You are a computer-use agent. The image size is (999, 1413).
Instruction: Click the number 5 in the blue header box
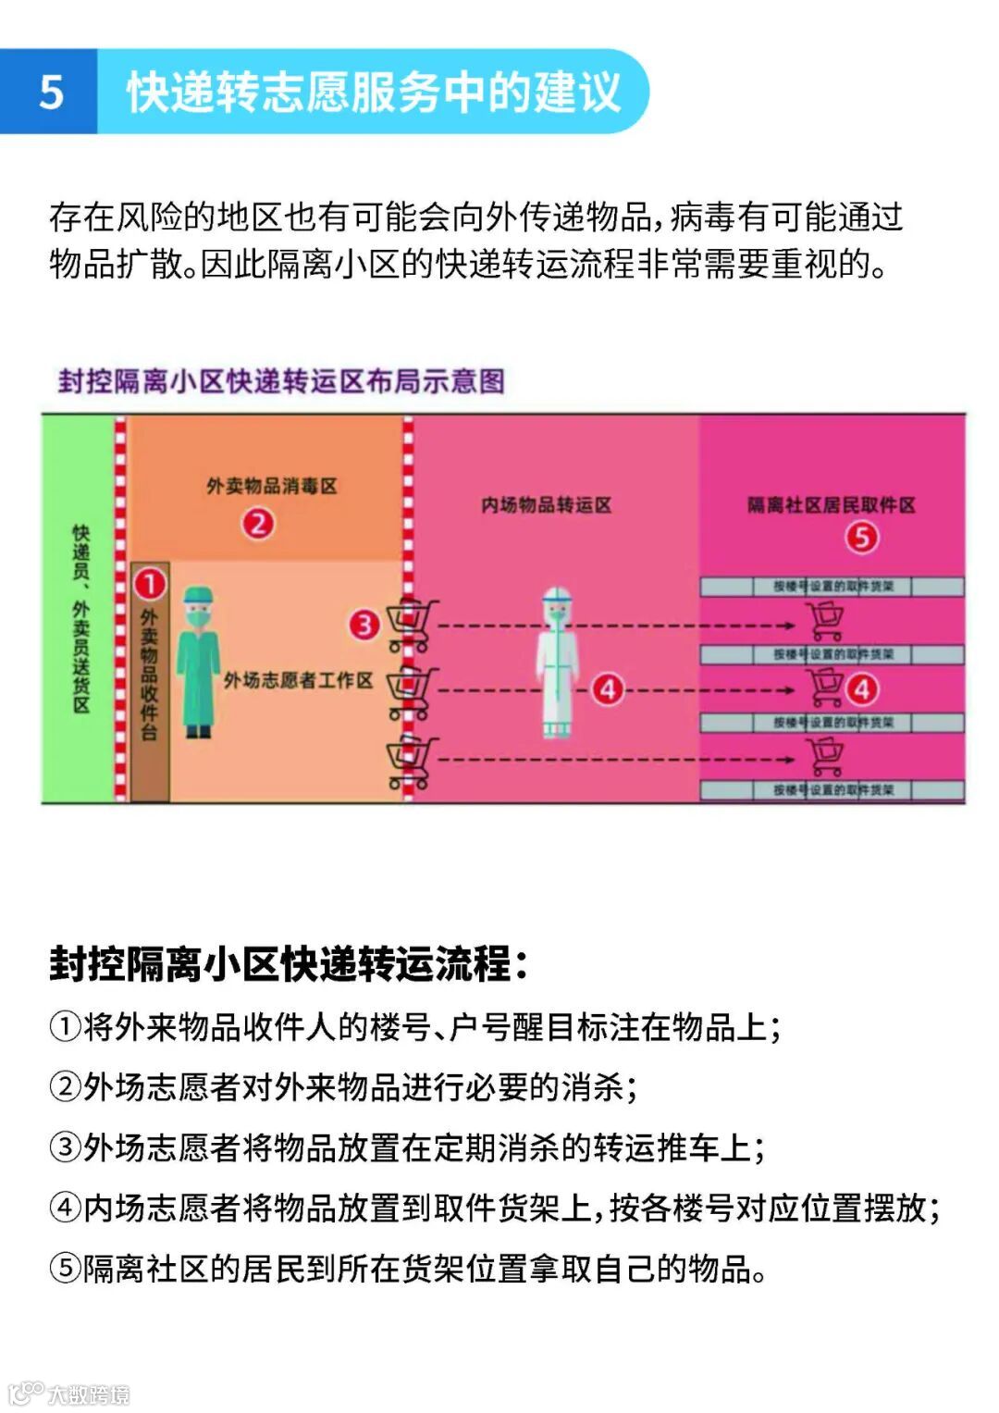click(x=51, y=93)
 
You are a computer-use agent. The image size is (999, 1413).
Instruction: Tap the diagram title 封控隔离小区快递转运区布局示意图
click(x=281, y=381)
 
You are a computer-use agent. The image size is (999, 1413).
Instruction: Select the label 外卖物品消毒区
click(x=271, y=486)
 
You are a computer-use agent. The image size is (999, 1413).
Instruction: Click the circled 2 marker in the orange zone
click(x=258, y=524)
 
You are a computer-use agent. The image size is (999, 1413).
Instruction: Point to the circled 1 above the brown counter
click(x=150, y=584)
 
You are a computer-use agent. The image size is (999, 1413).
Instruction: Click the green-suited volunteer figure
click(x=198, y=661)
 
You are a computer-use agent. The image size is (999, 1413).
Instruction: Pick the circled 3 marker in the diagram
click(x=364, y=625)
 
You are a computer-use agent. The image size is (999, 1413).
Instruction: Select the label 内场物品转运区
click(x=546, y=505)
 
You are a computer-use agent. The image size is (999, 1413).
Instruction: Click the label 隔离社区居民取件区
click(x=831, y=505)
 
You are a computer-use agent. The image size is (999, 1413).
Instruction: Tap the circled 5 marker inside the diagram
click(x=861, y=538)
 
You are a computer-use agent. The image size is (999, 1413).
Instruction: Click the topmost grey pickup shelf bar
click(x=832, y=586)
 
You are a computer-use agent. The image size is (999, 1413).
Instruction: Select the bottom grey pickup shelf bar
click(x=832, y=790)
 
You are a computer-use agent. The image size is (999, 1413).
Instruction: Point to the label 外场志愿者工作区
click(x=298, y=681)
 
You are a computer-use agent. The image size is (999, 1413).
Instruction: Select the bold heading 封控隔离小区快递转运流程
click(x=288, y=963)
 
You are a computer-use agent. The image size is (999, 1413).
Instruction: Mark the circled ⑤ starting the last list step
click(x=65, y=1268)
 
